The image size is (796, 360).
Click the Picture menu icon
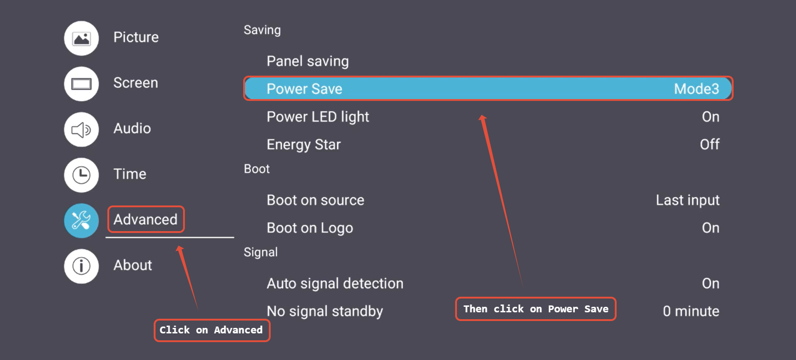82,38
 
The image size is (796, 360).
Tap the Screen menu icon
82,84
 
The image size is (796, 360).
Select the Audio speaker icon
82,129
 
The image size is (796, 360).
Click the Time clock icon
82,175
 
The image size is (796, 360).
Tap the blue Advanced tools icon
82,221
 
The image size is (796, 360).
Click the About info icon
82,266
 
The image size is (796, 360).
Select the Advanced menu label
145,220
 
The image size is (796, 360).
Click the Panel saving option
307,61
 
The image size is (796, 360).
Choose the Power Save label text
304,89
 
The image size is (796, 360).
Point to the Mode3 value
696,89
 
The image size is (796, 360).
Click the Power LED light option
317,117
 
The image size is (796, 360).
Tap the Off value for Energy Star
709,144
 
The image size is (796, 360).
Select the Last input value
687,200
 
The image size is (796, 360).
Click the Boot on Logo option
310,228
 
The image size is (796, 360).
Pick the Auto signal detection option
335,283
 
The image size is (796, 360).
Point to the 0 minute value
690,311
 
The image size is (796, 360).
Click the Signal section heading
261,252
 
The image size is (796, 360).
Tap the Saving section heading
262,30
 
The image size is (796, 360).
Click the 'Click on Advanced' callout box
212,330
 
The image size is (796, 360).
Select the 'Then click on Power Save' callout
535,309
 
